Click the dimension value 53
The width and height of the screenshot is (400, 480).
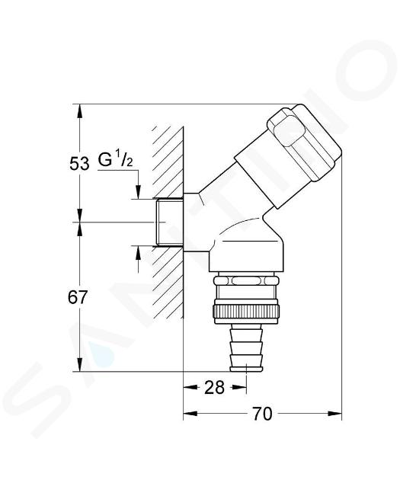click(79, 163)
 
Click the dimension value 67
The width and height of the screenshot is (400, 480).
click(78, 297)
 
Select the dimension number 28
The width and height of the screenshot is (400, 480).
click(214, 388)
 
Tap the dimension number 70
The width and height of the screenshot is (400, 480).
click(262, 414)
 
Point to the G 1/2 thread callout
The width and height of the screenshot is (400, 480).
click(116, 160)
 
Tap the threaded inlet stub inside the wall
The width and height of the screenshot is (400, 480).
click(169, 222)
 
